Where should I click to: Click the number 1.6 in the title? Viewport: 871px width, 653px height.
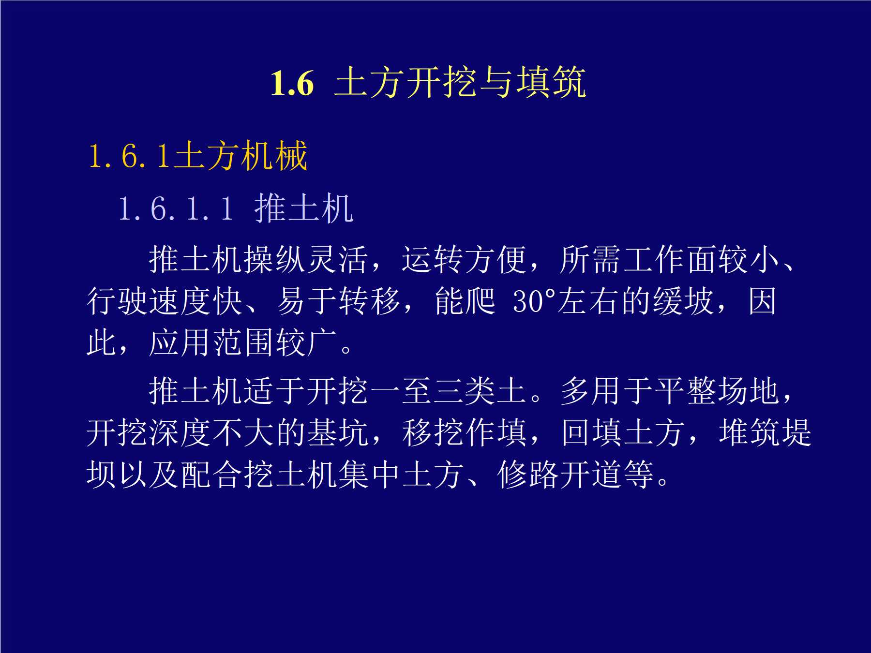tap(292, 83)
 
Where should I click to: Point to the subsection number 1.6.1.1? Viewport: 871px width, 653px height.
tap(176, 209)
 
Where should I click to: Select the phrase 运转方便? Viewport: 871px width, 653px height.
tap(464, 259)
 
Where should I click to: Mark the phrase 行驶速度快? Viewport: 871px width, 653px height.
tap(165, 301)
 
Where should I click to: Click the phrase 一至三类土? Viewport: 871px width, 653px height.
tap(448, 390)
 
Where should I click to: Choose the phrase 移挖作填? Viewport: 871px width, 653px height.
tap(464, 432)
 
